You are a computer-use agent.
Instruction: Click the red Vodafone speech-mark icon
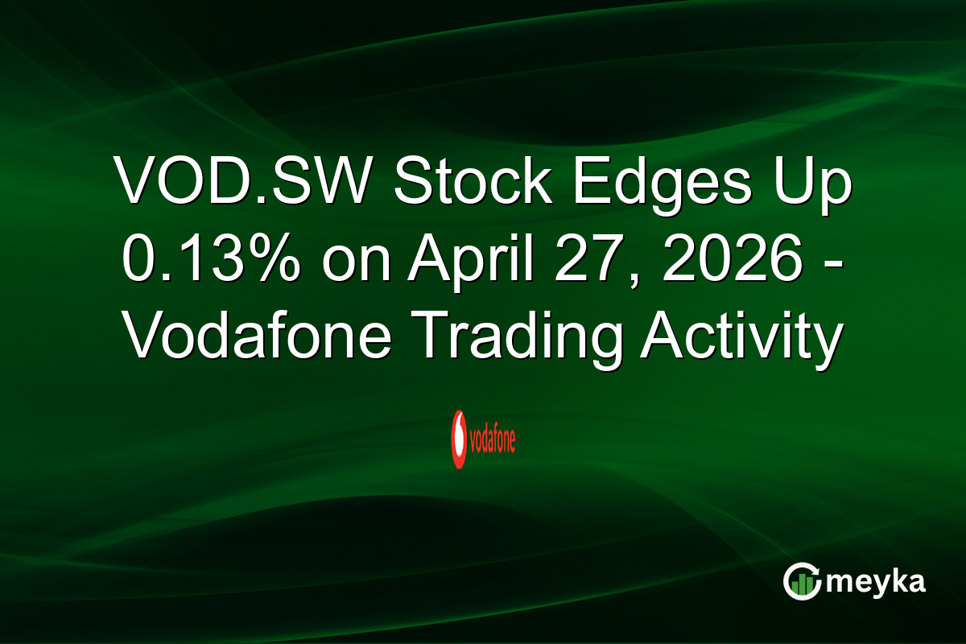pos(460,440)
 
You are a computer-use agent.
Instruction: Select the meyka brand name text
pos(873,581)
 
